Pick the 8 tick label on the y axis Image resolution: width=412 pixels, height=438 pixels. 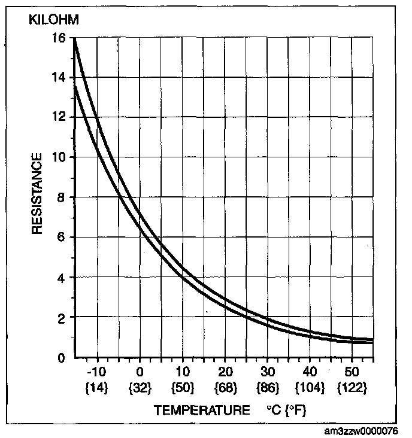pyautogui.click(x=62, y=197)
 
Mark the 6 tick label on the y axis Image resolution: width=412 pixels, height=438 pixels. pyautogui.click(x=62, y=238)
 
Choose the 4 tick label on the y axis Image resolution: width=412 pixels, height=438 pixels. pyautogui.click(x=62, y=278)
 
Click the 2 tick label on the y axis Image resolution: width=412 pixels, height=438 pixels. pyautogui.click(x=62, y=317)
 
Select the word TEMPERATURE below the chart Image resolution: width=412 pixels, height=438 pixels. pyautogui.click(x=202, y=410)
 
